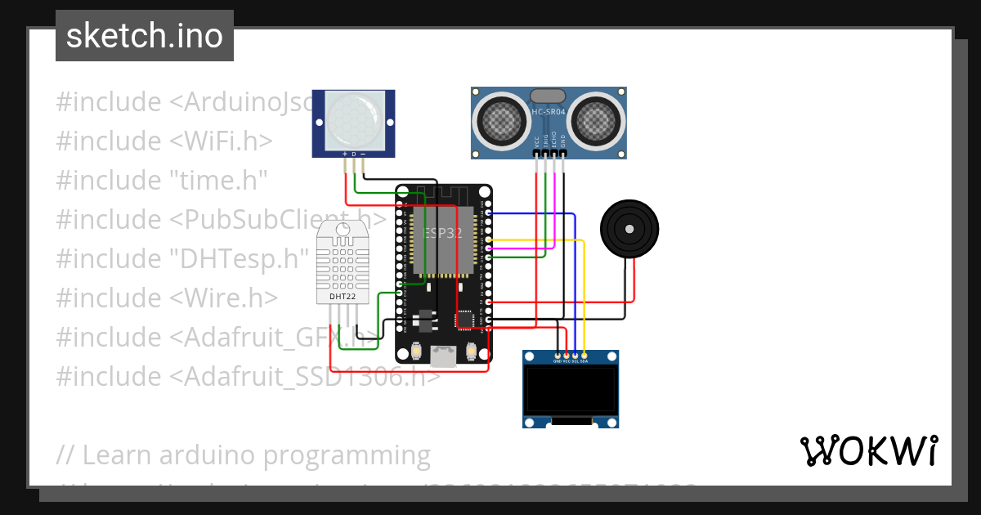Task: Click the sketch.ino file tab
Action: (145, 36)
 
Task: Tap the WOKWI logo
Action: (868, 450)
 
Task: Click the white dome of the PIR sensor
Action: (353, 120)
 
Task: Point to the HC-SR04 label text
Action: (549, 111)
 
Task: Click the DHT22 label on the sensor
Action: (342, 296)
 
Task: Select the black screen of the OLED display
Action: (571, 390)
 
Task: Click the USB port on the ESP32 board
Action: (444, 356)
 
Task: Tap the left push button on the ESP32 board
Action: (417, 351)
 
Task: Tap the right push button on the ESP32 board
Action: (471, 351)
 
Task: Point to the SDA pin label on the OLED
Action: (585, 360)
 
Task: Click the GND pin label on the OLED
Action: (558, 360)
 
